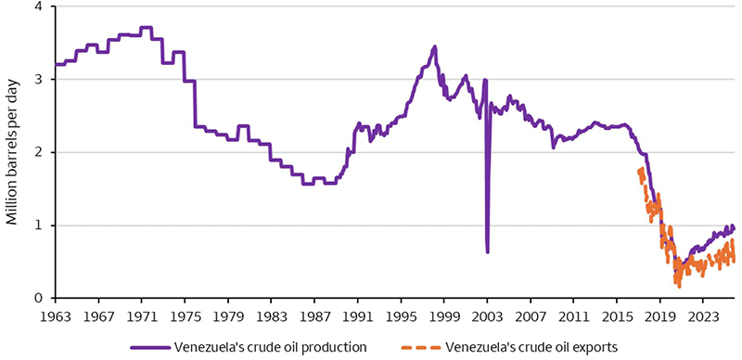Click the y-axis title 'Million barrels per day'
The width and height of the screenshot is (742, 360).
click(x=13, y=151)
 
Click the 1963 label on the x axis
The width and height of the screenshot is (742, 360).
click(x=56, y=315)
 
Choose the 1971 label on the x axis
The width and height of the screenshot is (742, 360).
click(x=142, y=315)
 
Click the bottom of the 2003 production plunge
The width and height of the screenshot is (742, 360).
click(x=487, y=251)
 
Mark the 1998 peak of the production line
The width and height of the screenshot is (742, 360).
click(x=434, y=46)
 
